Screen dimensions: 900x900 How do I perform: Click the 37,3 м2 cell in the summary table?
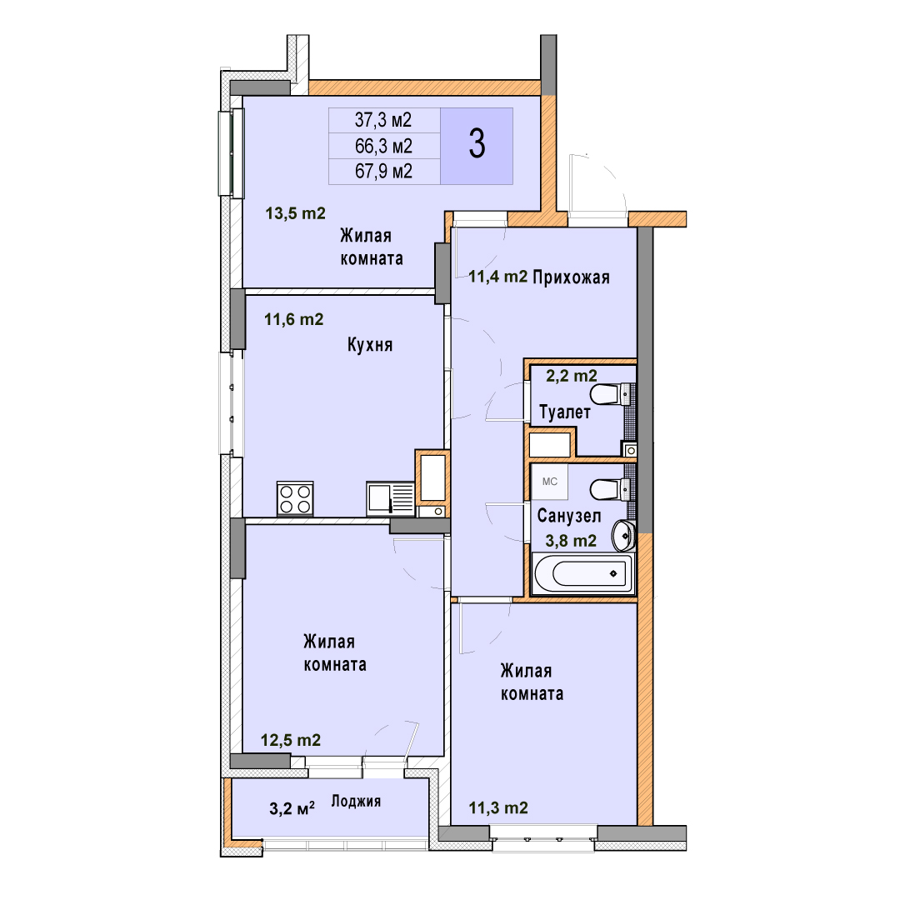[383, 120]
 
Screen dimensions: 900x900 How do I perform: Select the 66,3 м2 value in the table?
[383, 146]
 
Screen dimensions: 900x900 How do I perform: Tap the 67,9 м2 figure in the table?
[383, 171]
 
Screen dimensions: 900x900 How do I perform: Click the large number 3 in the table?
[477, 143]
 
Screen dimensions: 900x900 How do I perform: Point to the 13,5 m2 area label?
[295, 213]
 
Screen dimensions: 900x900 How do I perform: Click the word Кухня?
[370, 344]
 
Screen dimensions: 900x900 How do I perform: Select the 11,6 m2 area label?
[294, 319]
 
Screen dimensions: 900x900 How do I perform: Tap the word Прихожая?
[571, 277]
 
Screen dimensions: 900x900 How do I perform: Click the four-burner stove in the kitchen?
[295, 498]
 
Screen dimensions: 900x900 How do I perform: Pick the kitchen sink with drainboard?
[390, 498]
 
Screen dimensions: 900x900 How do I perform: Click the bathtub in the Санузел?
[583, 573]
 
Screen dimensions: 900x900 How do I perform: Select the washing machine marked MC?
[549, 481]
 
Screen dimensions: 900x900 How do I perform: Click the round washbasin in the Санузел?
[623, 535]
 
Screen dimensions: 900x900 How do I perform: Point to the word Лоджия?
[356, 802]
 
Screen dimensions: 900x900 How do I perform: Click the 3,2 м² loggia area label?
[292, 808]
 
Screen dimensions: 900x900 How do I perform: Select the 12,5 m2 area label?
[291, 741]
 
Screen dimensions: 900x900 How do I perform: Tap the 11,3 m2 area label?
[498, 808]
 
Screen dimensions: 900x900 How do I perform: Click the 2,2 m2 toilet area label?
[571, 376]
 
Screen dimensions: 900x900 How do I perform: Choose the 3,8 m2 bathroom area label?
[571, 541]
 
